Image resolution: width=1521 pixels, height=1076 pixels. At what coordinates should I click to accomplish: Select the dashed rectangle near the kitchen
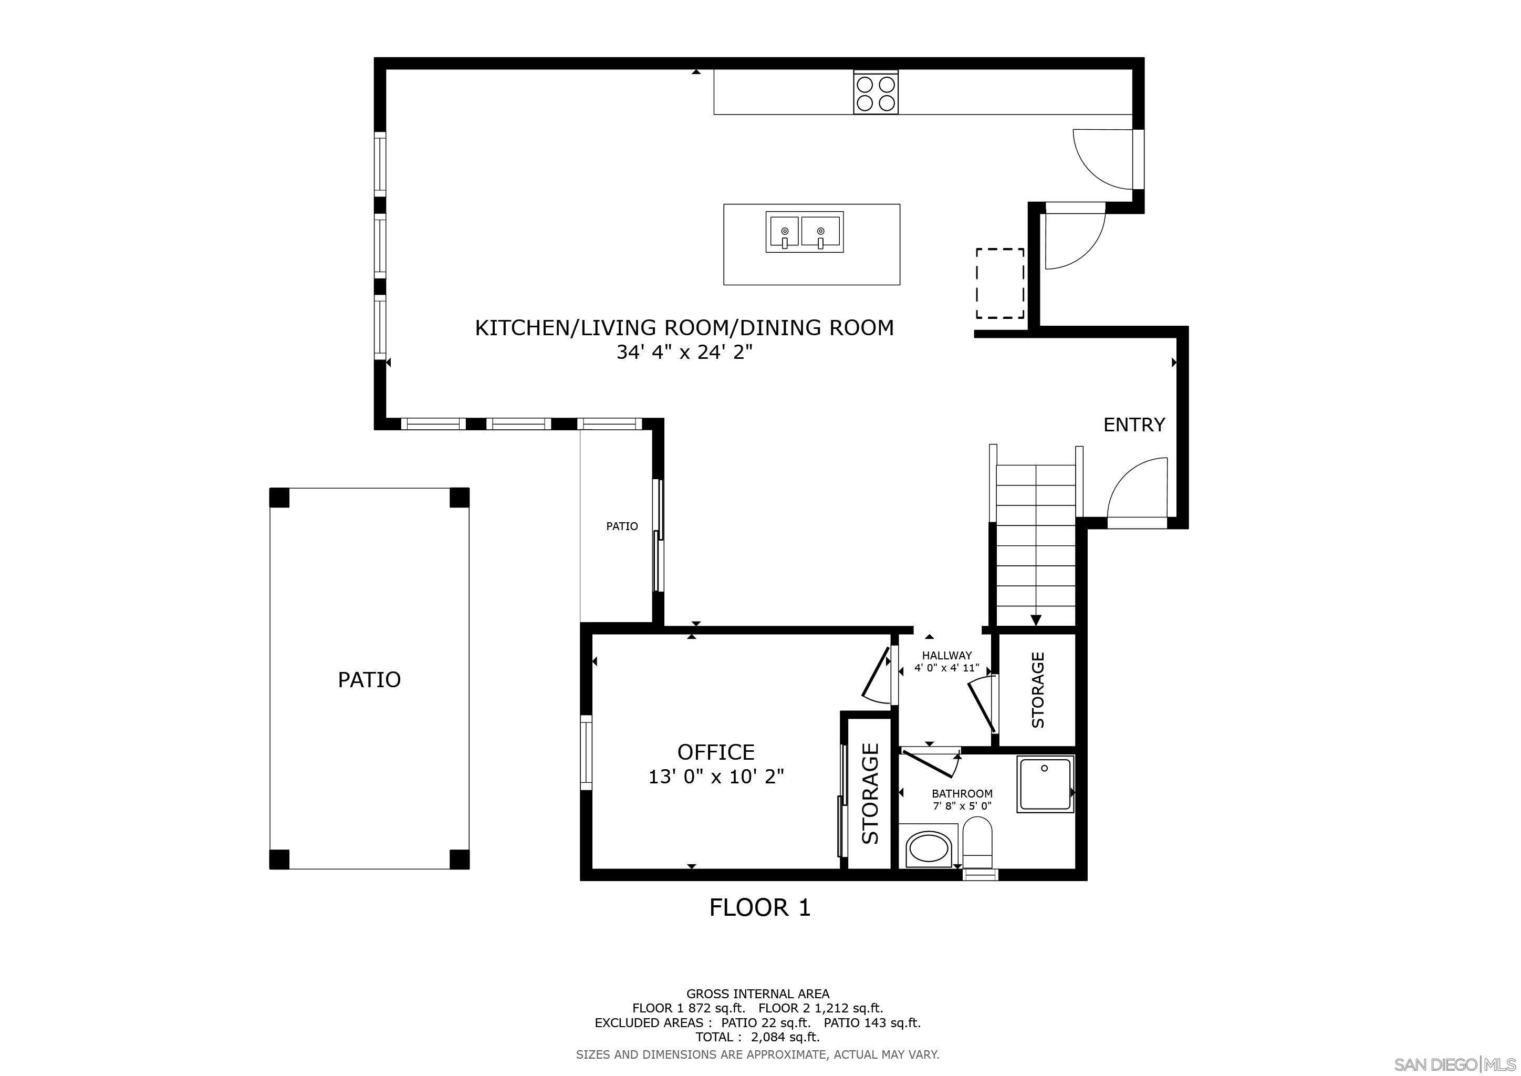tap(999, 283)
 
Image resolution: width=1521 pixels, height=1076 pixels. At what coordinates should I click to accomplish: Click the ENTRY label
tap(1133, 425)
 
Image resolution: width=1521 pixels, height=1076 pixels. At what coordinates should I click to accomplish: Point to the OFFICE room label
tap(715, 752)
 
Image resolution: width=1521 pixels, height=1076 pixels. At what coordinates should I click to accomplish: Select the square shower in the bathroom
tap(1045, 784)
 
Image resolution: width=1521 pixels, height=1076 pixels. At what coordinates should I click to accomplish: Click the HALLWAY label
tap(946, 655)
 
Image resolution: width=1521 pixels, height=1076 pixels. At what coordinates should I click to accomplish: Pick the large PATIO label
tap(369, 680)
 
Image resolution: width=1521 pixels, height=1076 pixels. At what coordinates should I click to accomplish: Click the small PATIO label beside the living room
tap(622, 526)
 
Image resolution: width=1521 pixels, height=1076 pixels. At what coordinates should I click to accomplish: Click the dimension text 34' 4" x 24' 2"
tap(684, 353)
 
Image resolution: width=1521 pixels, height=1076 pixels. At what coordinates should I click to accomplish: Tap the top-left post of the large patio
tap(279, 498)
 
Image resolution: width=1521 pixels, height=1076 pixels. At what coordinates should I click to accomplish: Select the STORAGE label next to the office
tap(870, 793)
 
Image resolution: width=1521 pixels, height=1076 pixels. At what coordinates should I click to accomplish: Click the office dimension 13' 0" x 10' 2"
tap(715, 777)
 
